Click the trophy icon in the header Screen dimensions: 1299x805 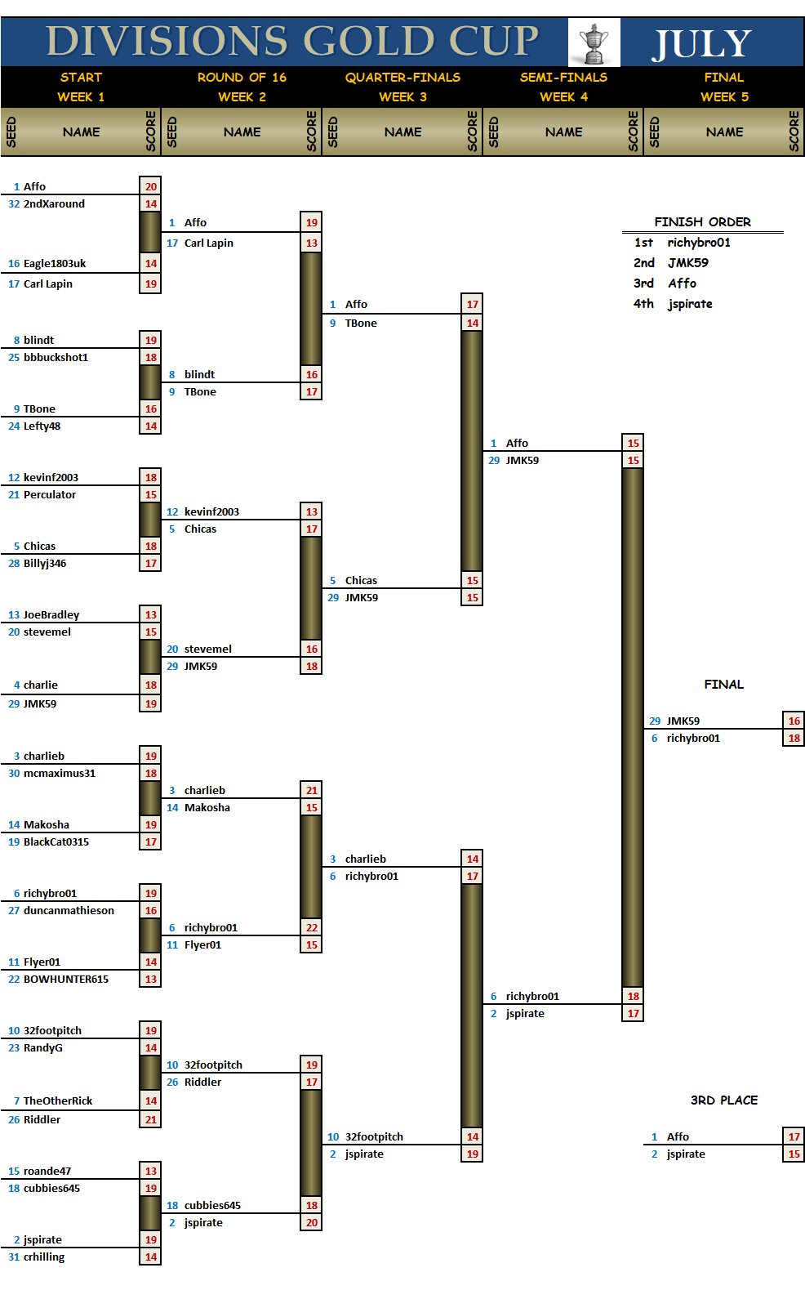tap(594, 43)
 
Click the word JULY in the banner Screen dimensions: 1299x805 tap(701, 44)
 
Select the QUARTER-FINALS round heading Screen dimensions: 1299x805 tap(402, 78)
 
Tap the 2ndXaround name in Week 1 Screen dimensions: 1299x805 tap(54, 204)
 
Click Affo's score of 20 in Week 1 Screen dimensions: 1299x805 tap(151, 187)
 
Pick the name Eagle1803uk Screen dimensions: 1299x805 tap(55, 264)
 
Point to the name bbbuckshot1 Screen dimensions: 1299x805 tap(56, 358)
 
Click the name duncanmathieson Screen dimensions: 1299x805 tap(69, 911)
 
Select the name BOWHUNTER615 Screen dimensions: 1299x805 tap(66, 980)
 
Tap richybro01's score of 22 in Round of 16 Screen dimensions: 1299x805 tap(312, 928)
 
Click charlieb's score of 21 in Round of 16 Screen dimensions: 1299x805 tap(312, 791)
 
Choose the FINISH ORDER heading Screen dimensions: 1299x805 tap(702, 222)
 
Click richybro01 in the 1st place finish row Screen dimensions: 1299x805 tap(699, 243)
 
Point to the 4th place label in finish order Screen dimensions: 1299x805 tap(643, 304)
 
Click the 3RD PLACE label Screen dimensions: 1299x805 tap(724, 1100)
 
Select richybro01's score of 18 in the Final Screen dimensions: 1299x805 tap(794, 739)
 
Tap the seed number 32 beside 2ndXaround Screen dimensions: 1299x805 tap(14, 204)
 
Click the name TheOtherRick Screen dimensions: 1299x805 tap(58, 1101)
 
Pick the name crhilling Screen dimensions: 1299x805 tap(44, 1257)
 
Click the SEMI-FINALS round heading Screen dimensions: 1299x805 tap(563, 78)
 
